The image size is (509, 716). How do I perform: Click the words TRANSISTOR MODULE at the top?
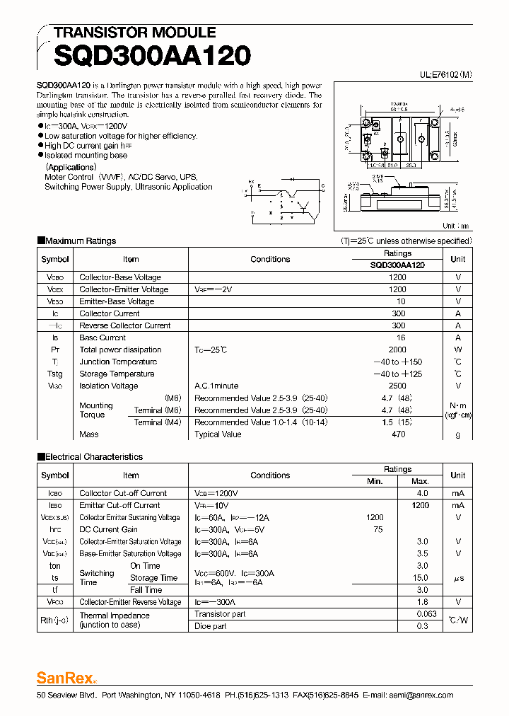click(x=135, y=33)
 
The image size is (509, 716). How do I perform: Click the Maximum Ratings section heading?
click(x=80, y=241)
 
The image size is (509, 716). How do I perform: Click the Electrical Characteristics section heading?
click(x=93, y=457)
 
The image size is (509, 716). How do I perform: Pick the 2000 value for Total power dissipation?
click(x=397, y=350)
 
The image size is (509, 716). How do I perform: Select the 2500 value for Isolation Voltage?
click(x=397, y=386)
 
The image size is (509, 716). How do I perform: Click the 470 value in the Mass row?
click(x=398, y=434)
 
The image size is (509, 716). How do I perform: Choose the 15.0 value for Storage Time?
click(x=422, y=578)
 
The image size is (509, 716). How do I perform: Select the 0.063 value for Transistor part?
click(x=422, y=614)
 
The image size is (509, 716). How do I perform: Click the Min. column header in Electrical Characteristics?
click(x=375, y=481)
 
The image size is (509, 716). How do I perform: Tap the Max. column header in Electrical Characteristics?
click(x=422, y=481)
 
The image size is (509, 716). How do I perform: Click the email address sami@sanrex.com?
click(x=423, y=695)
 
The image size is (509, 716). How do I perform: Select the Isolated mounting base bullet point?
click(x=86, y=155)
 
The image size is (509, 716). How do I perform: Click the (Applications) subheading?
click(x=71, y=167)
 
